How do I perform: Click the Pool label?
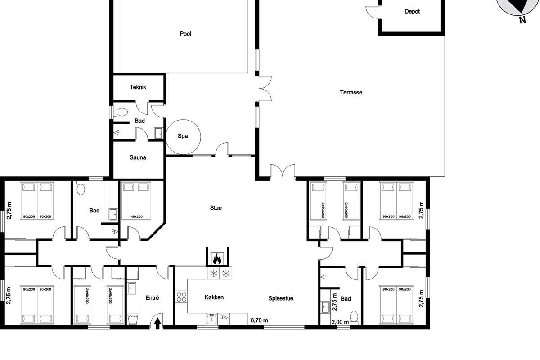coord(185,34)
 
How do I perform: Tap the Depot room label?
coord(412,11)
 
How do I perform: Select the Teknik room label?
coord(138,87)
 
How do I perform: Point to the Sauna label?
coord(138,157)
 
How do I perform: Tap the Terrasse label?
coord(351,92)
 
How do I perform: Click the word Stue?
coord(216,208)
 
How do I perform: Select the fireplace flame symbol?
coord(217,258)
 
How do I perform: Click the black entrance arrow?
coord(157,324)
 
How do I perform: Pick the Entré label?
coord(152,298)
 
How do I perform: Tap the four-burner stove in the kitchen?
coord(181,297)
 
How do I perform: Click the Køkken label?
coord(214,297)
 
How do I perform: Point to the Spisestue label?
coord(281,298)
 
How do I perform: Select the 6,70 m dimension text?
coord(259,320)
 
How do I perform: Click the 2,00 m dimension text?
coord(340,322)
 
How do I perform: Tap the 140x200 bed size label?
coord(136,216)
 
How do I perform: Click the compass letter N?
coord(522,20)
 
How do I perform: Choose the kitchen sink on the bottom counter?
coord(211,319)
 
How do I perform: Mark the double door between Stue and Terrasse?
coord(283,172)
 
